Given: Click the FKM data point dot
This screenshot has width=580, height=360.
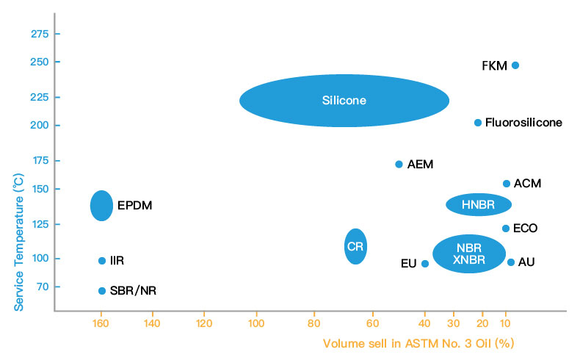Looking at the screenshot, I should tap(515, 65).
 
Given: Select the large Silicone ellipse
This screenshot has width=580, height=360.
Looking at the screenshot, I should tap(344, 101).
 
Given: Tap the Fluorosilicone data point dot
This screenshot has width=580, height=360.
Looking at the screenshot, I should tap(478, 123).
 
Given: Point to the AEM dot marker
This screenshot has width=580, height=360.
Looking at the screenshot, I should tap(399, 164).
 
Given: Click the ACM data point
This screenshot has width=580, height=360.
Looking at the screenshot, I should tap(507, 184).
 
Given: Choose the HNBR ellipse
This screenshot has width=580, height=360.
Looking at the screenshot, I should tap(479, 204).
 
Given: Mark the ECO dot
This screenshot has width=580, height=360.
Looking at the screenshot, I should tap(506, 228).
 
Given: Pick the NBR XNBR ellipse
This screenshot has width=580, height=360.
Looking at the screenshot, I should tap(469, 253).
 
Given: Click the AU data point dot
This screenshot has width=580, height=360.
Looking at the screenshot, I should tap(511, 262).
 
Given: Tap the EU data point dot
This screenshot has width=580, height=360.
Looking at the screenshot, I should tap(425, 263).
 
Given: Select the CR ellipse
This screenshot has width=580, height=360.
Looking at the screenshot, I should tap(355, 247).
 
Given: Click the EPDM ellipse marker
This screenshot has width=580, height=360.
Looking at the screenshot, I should tap(101, 206).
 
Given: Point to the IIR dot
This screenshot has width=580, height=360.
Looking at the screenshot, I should tap(102, 261).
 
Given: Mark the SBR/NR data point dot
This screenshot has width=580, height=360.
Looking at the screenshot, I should tap(102, 291).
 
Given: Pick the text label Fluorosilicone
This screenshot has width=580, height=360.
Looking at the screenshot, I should tap(523, 123).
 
